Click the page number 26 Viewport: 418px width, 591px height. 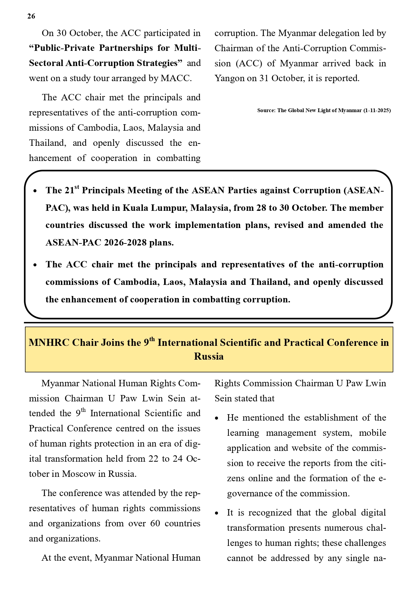point(31,16)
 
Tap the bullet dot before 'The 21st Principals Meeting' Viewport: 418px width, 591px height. point(35,191)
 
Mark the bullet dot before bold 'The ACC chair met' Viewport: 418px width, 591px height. point(35,265)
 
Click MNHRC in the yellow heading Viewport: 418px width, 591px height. point(49,342)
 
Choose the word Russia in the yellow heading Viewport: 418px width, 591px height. point(209,356)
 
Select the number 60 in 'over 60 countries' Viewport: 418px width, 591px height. point(155,523)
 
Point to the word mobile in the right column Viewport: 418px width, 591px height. point(372,433)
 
